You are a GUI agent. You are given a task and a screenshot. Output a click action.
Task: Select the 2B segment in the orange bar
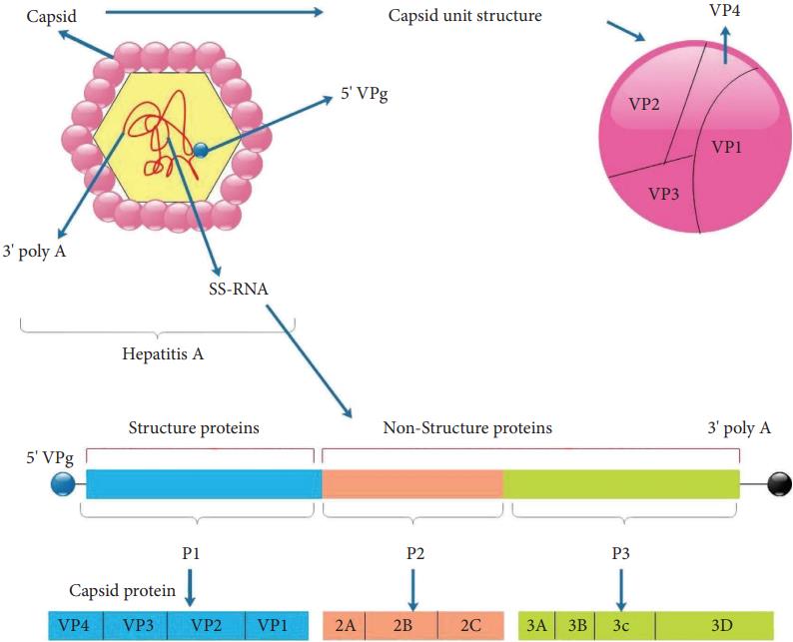click(x=402, y=625)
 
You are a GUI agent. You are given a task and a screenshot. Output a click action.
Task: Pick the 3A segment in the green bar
click(x=537, y=625)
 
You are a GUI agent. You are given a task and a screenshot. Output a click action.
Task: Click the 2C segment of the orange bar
click(x=470, y=625)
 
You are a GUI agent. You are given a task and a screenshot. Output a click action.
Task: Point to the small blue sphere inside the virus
click(x=201, y=150)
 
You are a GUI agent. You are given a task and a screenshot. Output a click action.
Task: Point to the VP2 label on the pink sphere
click(x=645, y=104)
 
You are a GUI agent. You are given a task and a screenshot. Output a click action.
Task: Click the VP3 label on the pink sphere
click(x=663, y=193)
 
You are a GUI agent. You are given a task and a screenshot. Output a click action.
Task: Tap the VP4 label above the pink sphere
click(x=727, y=9)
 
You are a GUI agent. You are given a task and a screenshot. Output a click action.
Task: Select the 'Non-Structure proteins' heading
click(x=467, y=428)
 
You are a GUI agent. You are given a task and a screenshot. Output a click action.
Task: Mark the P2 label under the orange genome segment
click(x=411, y=550)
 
